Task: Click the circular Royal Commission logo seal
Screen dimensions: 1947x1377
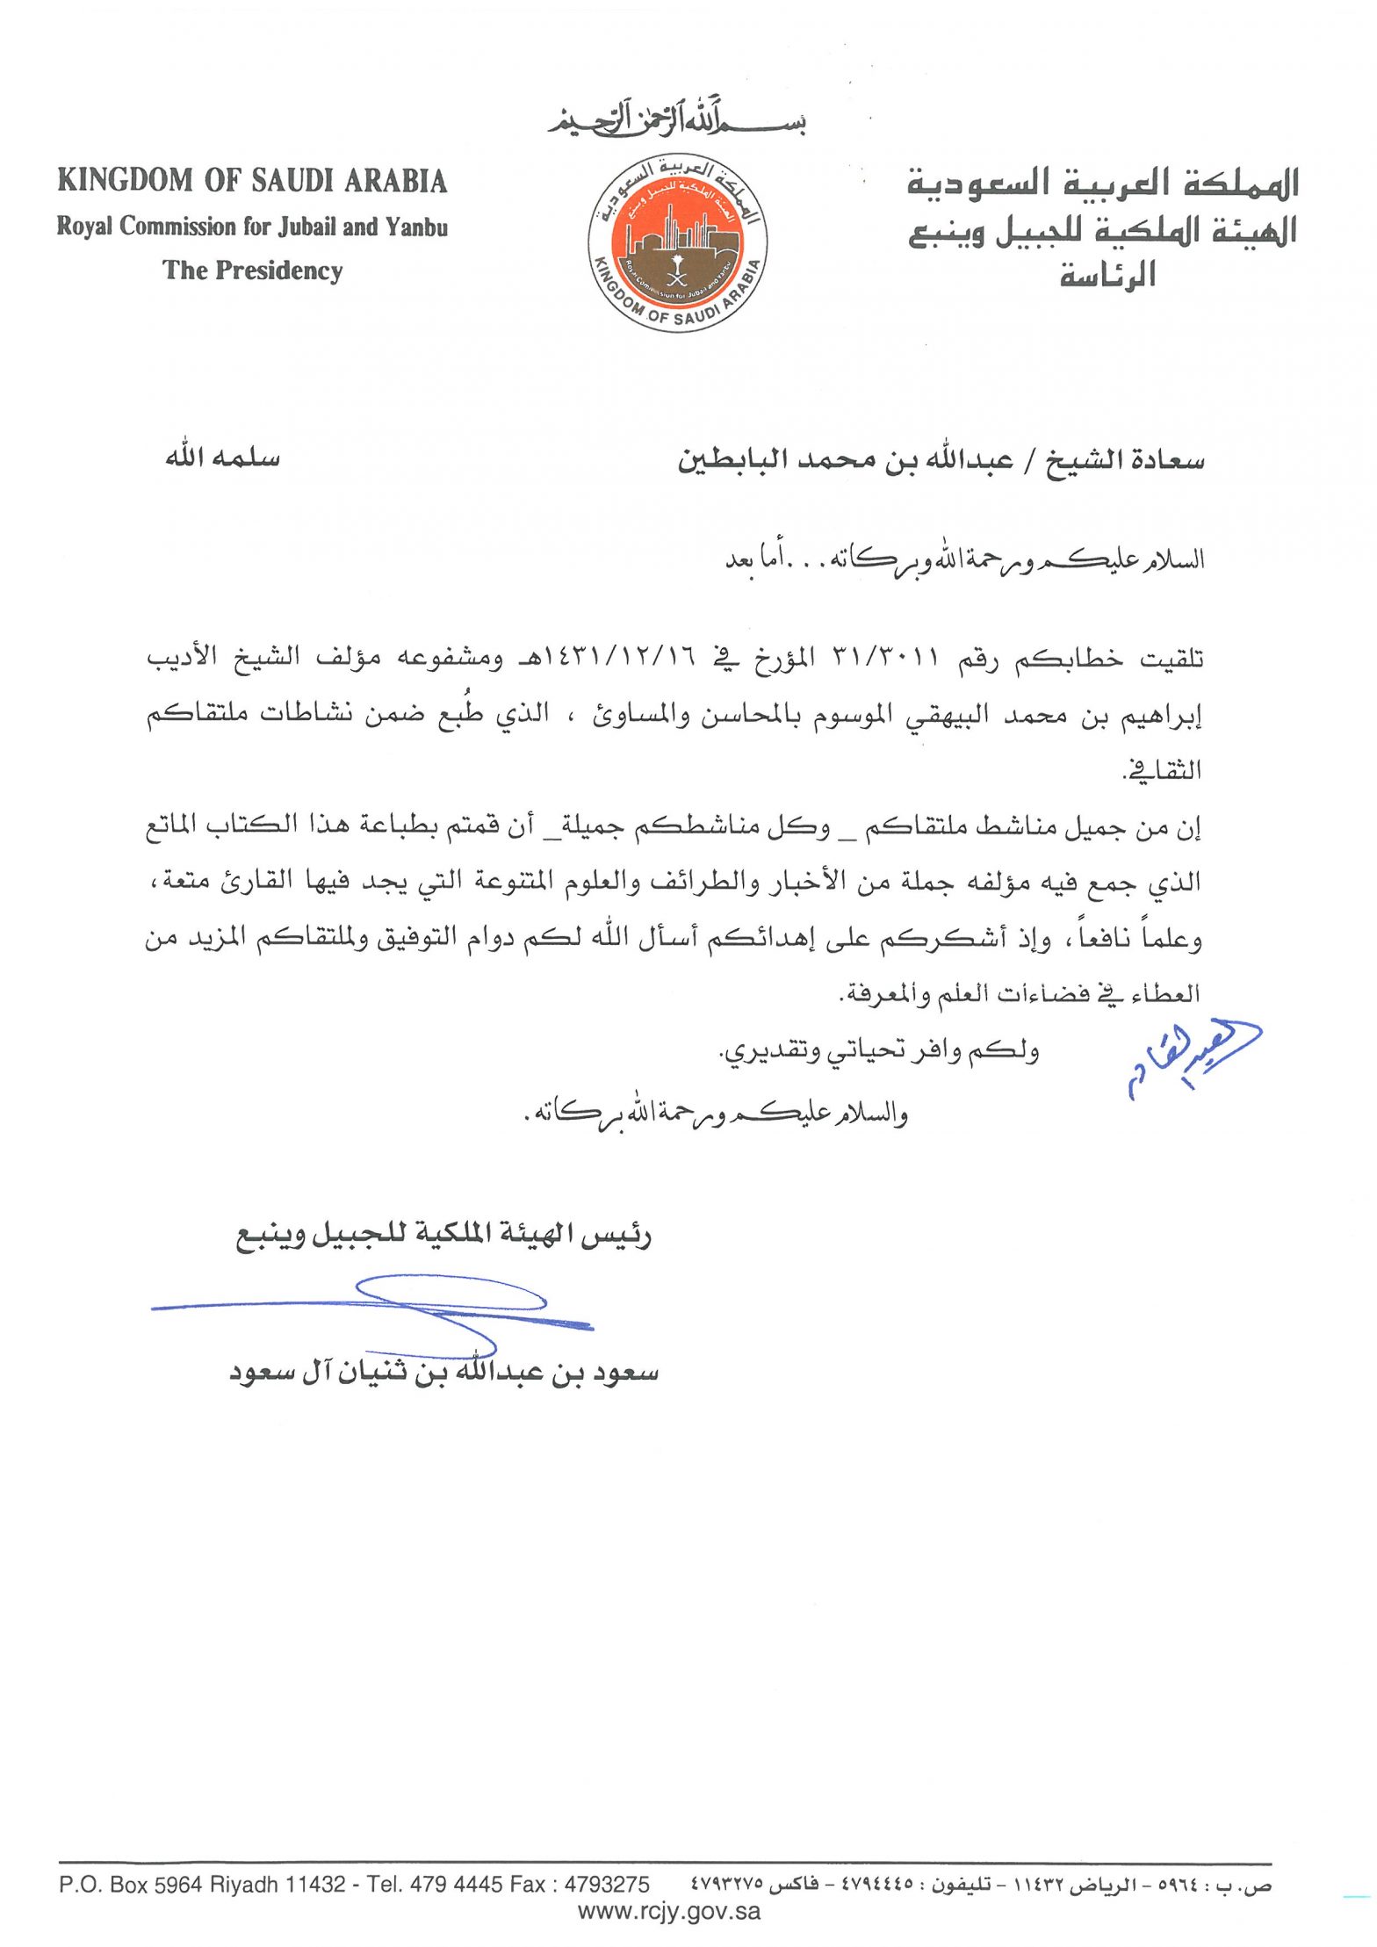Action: (x=677, y=244)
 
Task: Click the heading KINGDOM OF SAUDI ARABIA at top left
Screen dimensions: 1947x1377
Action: (x=252, y=181)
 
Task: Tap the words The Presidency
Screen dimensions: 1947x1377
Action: (x=252, y=270)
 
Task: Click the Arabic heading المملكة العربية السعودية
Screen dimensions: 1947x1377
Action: (x=1102, y=184)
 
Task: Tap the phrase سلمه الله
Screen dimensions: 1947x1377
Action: (x=223, y=458)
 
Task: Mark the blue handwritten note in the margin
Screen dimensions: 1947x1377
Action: (x=1193, y=1058)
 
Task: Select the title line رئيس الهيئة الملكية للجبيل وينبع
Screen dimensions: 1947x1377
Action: (x=443, y=1236)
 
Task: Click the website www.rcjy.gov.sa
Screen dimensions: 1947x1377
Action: (x=669, y=1911)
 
